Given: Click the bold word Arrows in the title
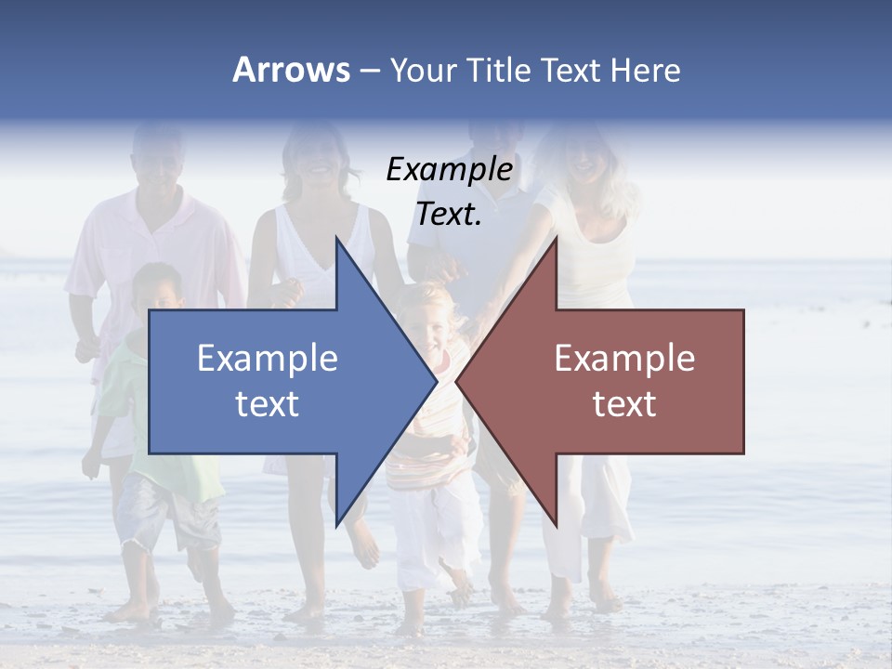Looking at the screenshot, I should click(x=291, y=70).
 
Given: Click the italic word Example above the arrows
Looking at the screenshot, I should click(x=449, y=169).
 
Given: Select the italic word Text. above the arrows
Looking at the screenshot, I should click(x=449, y=214).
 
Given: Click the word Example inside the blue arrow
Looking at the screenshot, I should click(x=268, y=358).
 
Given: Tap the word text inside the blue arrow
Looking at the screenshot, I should click(x=268, y=403).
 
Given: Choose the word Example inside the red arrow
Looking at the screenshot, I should click(x=624, y=358).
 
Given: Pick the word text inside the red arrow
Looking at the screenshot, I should click(x=624, y=403).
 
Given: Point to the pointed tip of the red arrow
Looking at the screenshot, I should click(x=458, y=381).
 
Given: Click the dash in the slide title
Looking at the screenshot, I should click(x=369, y=71).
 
